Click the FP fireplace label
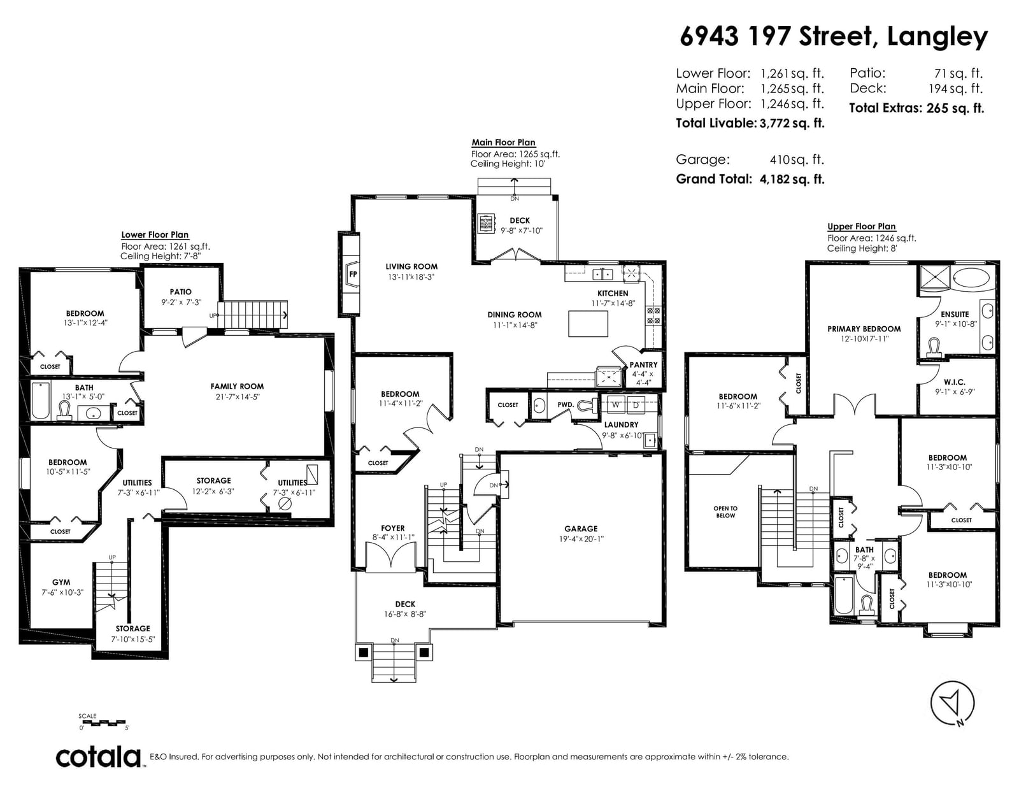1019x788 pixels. pyautogui.click(x=353, y=275)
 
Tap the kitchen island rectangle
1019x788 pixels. pyautogui.click(x=588, y=324)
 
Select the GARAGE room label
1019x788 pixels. pyautogui.click(x=581, y=529)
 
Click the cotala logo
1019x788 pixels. pyautogui.click(x=99, y=757)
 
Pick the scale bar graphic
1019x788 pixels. pyautogui.click(x=103, y=723)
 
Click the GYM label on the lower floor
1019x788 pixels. pyautogui.click(x=61, y=582)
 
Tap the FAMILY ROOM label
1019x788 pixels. pyautogui.click(x=237, y=387)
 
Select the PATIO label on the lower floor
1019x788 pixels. pyautogui.click(x=180, y=292)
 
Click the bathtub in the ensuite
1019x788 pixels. pyautogui.click(x=972, y=278)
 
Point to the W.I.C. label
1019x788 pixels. pyautogui.click(x=955, y=382)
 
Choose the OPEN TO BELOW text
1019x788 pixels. pyautogui.click(x=725, y=512)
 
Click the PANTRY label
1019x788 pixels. pyautogui.click(x=643, y=364)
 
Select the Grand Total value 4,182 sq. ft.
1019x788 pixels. pyautogui.click(x=792, y=180)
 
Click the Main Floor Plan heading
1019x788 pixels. pyautogui.click(x=503, y=143)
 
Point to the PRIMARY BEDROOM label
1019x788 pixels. pyautogui.click(x=864, y=329)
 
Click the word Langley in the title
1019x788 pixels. pyautogui.click(x=937, y=38)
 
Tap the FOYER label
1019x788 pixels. pyautogui.click(x=392, y=528)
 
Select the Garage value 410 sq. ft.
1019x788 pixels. pyautogui.click(x=797, y=160)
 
